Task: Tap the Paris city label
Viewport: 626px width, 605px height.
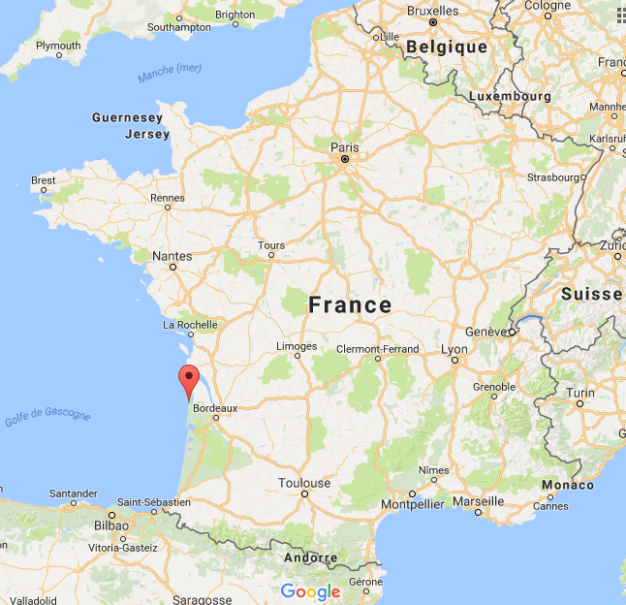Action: click(x=344, y=148)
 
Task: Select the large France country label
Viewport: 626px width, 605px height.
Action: click(x=350, y=305)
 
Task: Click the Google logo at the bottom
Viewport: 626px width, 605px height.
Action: click(x=310, y=591)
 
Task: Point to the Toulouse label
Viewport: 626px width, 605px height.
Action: click(x=304, y=483)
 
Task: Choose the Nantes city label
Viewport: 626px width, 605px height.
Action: click(x=172, y=257)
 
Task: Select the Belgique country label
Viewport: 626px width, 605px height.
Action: click(x=447, y=47)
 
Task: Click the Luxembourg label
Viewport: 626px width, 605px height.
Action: click(x=509, y=97)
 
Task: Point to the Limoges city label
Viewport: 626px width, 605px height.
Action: click(x=297, y=346)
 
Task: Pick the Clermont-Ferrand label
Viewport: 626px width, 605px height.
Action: click(x=377, y=349)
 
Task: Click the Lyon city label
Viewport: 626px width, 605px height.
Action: click(x=454, y=349)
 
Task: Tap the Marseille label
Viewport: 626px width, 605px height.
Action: click(x=478, y=501)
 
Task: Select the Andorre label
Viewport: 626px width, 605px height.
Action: click(x=311, y=558)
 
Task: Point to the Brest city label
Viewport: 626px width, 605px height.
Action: click(x=44, y=180)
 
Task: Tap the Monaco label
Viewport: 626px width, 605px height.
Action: click(x=567, y=485)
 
